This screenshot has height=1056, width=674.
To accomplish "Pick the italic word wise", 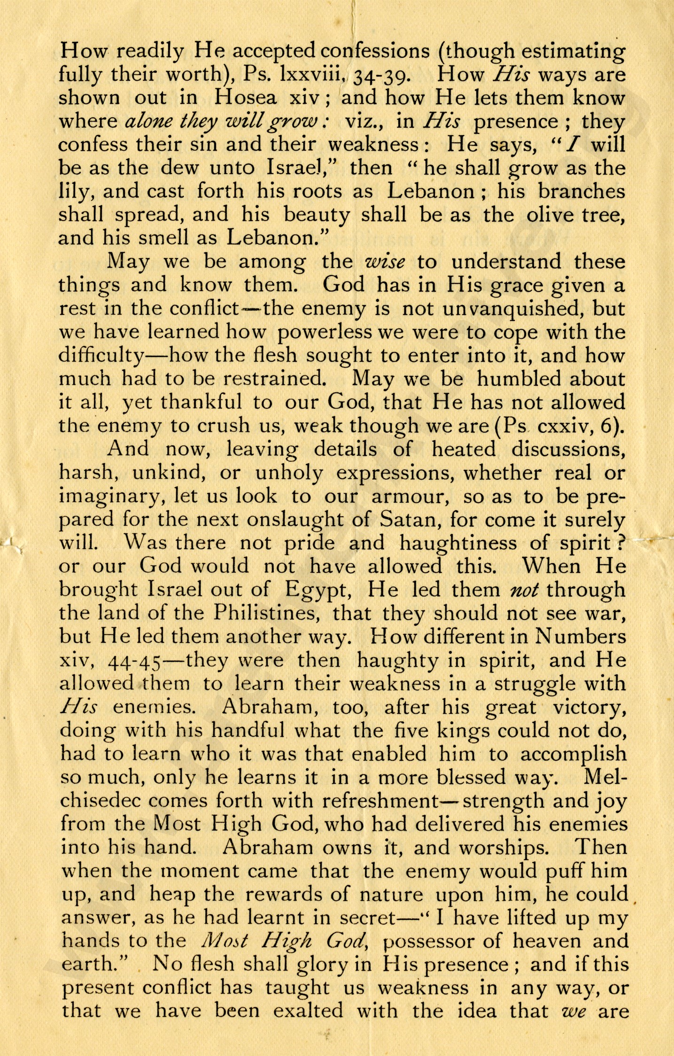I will [x=385, y=262].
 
